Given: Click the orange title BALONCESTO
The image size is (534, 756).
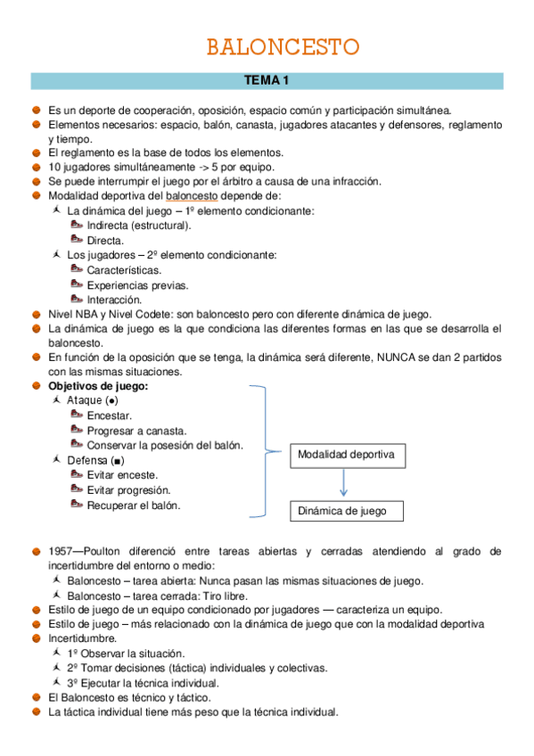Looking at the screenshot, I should pos(283,46).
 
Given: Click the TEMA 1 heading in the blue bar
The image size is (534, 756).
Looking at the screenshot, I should pos(267,82).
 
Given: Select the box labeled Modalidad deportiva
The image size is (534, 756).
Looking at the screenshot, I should pos(346,455).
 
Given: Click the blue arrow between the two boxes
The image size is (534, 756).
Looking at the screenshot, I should pos(344,483).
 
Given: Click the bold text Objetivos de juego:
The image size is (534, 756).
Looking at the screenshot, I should pos(98,386).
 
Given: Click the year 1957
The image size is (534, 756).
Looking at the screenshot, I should pos(63,552).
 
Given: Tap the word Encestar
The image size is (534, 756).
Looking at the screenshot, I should pos(109,415).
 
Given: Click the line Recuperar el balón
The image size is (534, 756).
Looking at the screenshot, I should pos(133,505).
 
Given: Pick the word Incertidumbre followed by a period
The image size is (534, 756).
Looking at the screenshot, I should pos(83,638).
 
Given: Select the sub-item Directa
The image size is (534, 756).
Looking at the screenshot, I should pos(105,241).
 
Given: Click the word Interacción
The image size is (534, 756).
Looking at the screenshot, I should pos(114,300).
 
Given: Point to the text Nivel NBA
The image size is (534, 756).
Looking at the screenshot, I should pos(72,314).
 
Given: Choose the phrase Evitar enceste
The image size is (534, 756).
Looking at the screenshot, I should pos(122,475).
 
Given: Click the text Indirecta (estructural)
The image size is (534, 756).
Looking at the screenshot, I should pos(139,226).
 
